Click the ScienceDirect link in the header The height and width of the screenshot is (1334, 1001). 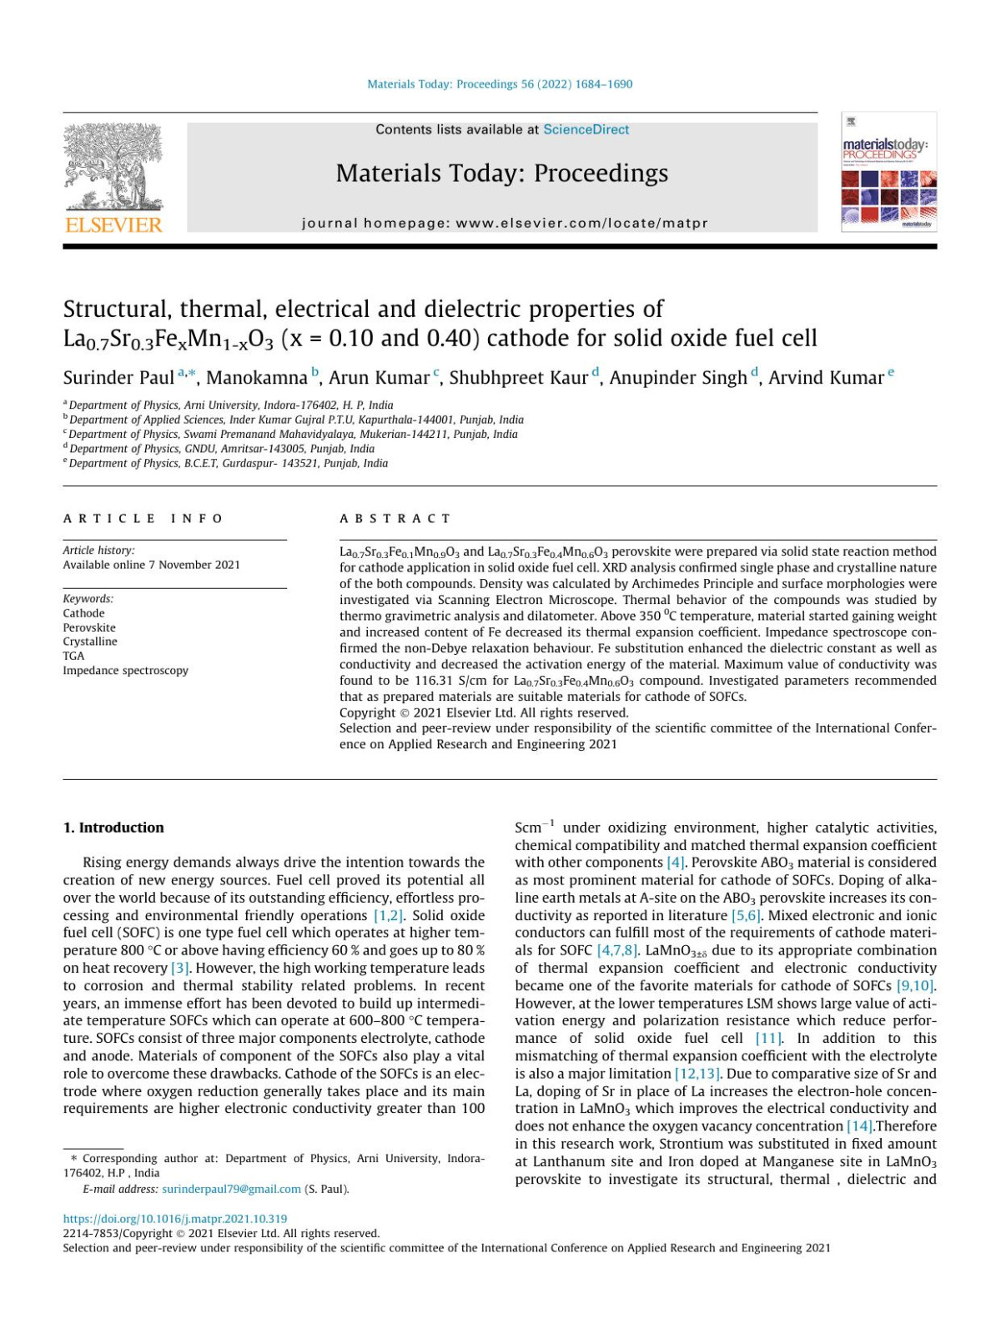[x=586, y=129]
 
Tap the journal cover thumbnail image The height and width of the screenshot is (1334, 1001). [x=888, y=173]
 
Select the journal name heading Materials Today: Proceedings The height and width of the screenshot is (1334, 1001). [x=501, y=174]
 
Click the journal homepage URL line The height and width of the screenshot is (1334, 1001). [x=505, y=223]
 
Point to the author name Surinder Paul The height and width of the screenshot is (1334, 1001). [x=118, y=378]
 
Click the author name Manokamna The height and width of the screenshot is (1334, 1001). [x=257, y=378]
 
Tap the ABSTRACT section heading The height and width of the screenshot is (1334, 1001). [x=395, y=518]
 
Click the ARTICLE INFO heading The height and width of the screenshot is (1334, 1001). [x=143, y=518]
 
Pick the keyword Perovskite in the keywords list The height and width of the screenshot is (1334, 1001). [x=89, y=627]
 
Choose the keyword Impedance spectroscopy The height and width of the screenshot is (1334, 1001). [x=125, y=670]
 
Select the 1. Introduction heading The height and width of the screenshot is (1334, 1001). [x=113, y=828]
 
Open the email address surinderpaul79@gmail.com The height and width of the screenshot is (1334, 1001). [x=231, y=1189]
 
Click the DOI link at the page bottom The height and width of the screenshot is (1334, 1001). [x=175, y=1219]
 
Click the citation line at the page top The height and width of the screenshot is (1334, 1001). [x=500, y=84]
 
